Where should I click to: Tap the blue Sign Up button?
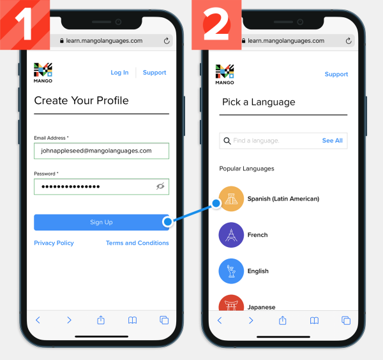click(x=101, y=222)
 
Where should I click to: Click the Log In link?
click(x=119, y=73)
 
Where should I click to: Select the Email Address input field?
click(x=101, y=151)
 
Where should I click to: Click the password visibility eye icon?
click(x=160, y=186)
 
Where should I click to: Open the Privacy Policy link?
click(x=54, y=243)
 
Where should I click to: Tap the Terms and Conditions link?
click(x=137, y=243)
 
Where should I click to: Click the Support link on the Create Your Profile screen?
click(x=154, y=73)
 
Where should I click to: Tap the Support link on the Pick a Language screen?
click(x=336, y=75)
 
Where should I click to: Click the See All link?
click(x=332, y=140)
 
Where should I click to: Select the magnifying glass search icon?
click(x=227, y=140)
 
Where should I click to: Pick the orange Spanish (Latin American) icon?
click(x=231, y=199)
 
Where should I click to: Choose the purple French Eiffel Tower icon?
click(x=231, y=235)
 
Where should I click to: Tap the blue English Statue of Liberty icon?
click(x=231, y=271)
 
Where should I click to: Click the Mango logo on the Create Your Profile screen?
click(x=43, y=73)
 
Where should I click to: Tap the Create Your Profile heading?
click(x=81, y=101)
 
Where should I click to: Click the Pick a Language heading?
click(x=259, y=102)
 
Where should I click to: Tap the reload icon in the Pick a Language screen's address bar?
click(x=349, y=41)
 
